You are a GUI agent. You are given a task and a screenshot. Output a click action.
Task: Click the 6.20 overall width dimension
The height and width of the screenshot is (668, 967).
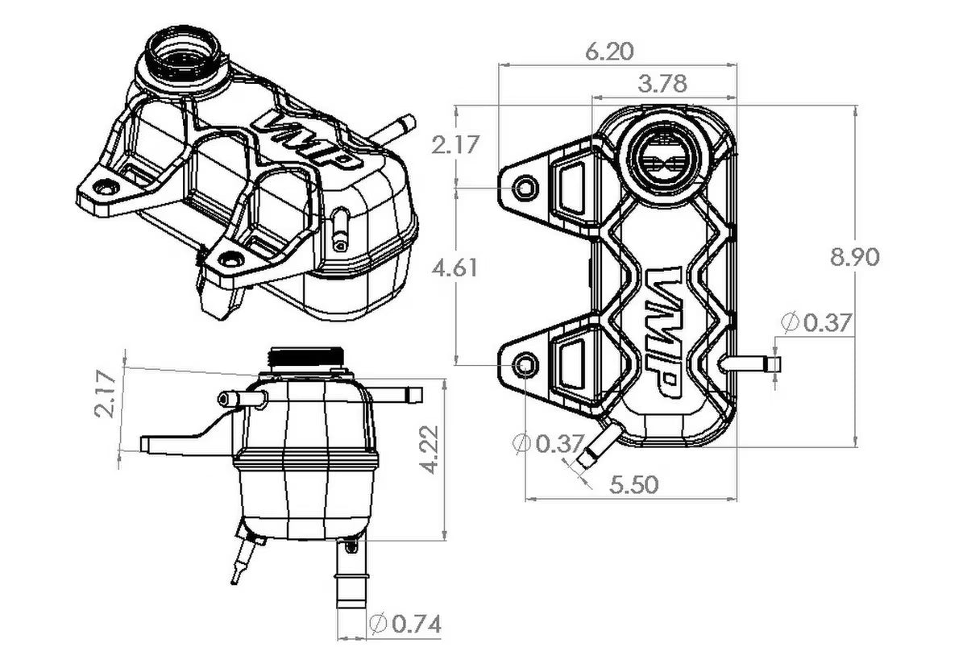point(609,52)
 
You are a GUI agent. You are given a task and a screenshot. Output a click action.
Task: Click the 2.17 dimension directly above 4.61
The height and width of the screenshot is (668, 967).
point(454,145)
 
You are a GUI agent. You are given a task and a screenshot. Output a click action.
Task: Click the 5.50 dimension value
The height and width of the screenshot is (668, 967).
point(633,483)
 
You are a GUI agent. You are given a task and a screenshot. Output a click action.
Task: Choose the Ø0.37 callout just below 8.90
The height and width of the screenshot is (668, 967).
point(816,323)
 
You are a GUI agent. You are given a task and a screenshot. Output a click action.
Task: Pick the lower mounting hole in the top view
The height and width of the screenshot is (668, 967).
point(525,366)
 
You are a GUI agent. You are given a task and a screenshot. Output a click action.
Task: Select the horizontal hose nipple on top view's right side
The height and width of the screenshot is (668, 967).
point(751,364)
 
